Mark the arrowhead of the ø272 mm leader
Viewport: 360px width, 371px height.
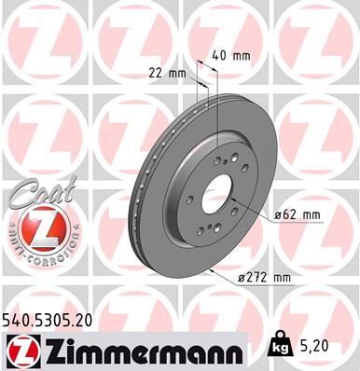(214, 270)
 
